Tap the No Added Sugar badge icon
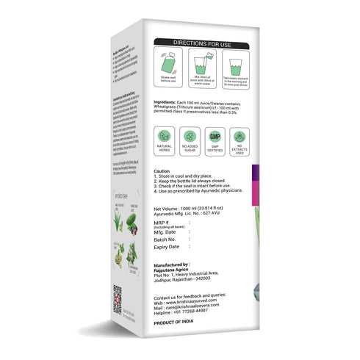pos(190,136)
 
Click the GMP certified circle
pos(215,136)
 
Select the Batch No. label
pos(165,240)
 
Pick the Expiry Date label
pos(168,248)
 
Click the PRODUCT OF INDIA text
pos(176,324)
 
